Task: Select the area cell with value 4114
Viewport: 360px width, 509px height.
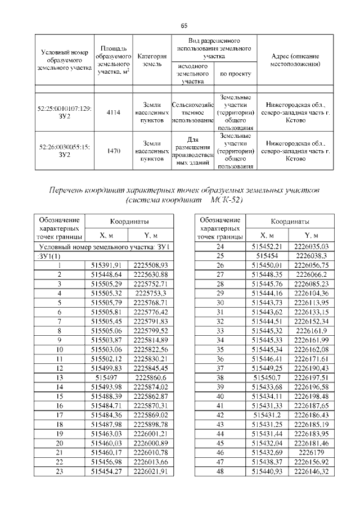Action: tap(113, 112)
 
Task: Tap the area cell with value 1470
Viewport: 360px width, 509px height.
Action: tap(113, 150)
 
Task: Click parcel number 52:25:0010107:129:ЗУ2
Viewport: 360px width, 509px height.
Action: tap(62, 112)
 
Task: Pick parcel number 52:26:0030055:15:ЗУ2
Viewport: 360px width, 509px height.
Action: tap(62, 150)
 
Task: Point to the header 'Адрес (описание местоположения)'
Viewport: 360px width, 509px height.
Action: tap(295, 60)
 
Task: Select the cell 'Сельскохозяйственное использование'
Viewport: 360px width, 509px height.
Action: tap(192, 112)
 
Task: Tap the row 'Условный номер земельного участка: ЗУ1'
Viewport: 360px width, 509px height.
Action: tap(102, 247)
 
